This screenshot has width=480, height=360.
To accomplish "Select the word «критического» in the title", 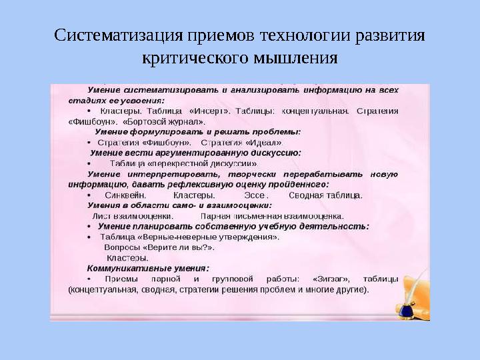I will [x=192, y=57].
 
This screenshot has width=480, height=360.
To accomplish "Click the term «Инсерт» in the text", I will [x=213, y=111].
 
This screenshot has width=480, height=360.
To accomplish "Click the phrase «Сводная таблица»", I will [x=325, y=195].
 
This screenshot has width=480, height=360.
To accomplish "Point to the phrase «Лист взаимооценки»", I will [x=132, y=216].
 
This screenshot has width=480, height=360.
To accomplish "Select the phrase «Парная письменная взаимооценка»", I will [x=271, y=216].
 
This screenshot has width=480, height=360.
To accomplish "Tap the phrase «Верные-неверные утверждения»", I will [x=209, y=237].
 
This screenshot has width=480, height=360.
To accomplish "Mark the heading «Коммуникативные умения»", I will [x=139, y=268].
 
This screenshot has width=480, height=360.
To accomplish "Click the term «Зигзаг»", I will [x=326, y=279].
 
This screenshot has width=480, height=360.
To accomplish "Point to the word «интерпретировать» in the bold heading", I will [x=158, y=174].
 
